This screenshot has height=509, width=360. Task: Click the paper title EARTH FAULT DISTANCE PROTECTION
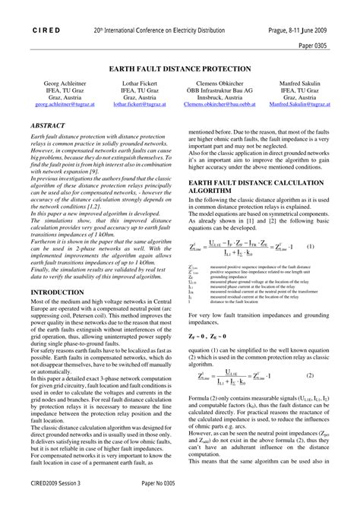click(x=180, y=68)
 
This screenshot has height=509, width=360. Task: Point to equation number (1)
click(x=311, y=247)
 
